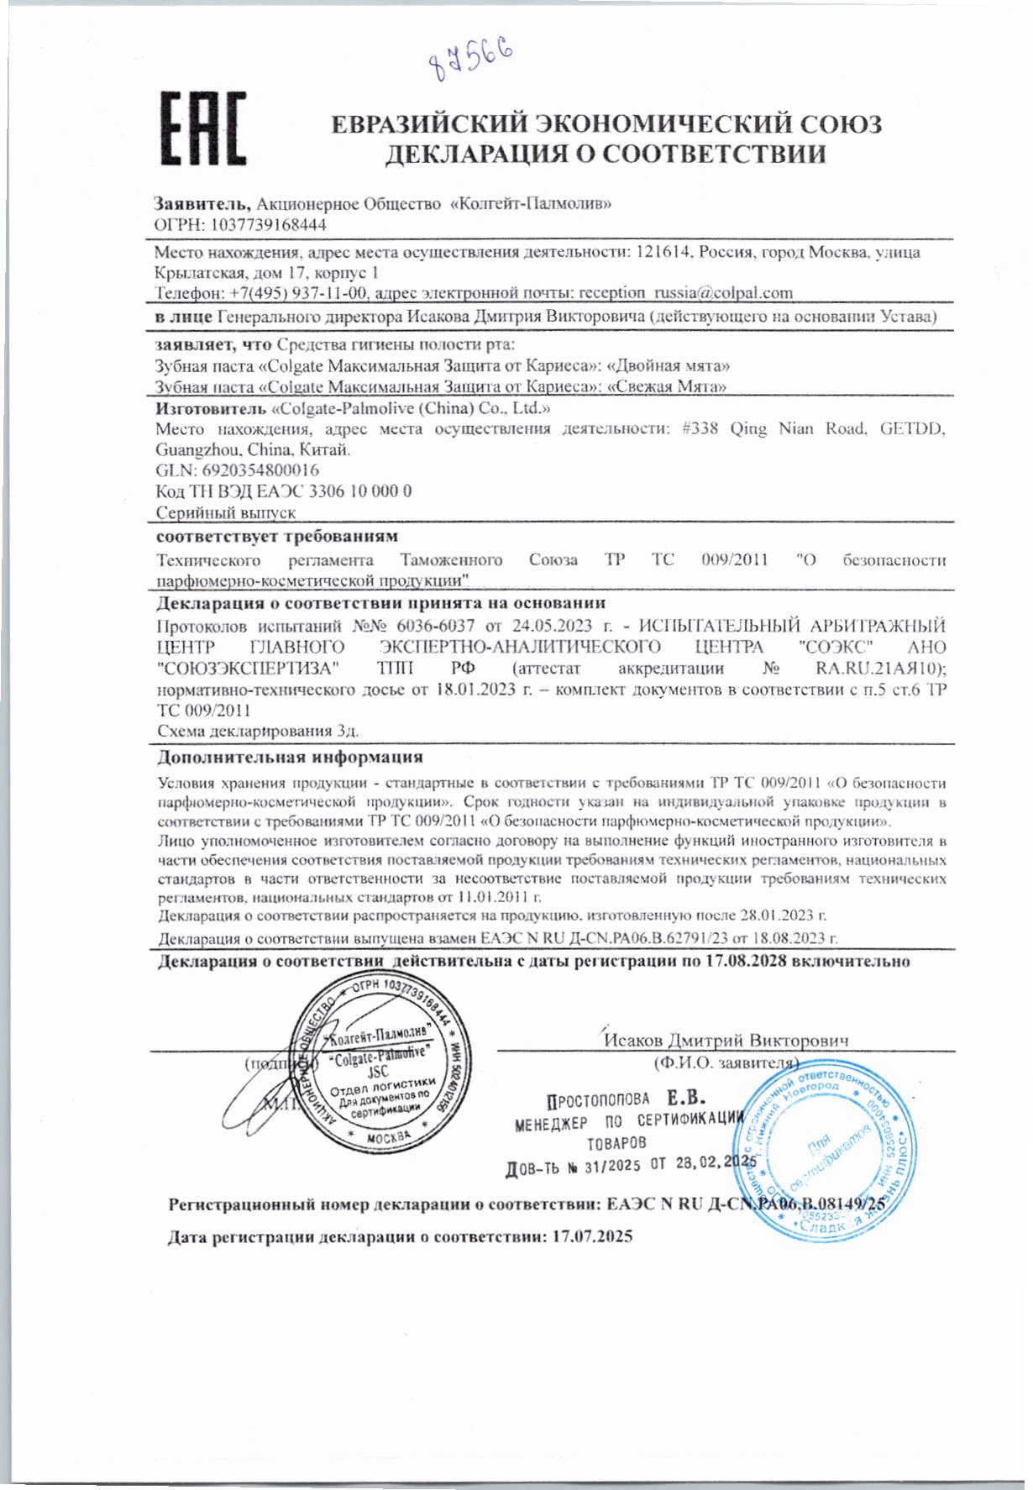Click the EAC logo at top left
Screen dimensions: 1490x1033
coord(203,128)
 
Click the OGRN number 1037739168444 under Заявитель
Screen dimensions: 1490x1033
coord(269,225)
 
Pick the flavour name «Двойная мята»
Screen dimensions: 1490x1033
coord(668,366)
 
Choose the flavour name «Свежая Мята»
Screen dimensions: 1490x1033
coord(666,386)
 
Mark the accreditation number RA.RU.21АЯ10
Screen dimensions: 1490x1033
coord(880,669)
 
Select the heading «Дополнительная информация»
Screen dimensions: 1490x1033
coord(291,758)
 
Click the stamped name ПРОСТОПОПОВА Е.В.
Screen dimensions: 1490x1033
coord(626,1099)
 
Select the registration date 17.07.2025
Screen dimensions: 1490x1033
coord(587,1236)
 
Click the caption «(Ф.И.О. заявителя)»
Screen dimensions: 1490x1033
coord(725,1062)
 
